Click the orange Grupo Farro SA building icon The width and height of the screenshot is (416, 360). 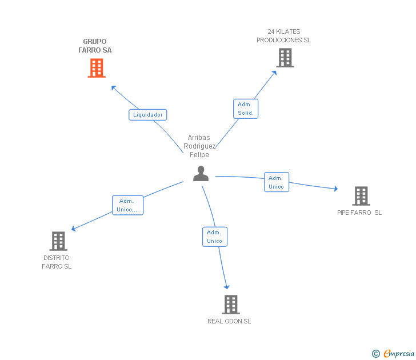click(97, 68)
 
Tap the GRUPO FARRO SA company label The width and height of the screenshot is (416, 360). click(95, 46)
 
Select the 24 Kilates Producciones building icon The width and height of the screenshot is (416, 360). click(285, 58)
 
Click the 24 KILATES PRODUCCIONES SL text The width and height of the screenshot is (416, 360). click(283, 36)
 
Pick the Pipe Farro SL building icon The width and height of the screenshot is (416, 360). click(361, 196)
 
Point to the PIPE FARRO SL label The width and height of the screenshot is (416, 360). click(359, 213)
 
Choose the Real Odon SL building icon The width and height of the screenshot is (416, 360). click(230, 305)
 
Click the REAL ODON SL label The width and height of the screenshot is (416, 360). click(229, 321)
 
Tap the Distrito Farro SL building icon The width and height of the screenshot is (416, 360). click(58, 241)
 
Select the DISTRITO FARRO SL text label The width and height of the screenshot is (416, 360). click(57, 262)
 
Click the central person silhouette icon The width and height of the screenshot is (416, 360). click(201, 173)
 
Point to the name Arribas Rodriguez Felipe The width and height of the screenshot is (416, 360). click(199, 146)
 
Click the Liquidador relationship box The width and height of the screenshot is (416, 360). click(148, 115)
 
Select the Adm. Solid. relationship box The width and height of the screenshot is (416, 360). click(246, 109)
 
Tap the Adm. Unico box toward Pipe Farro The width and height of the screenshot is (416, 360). click(277, 182)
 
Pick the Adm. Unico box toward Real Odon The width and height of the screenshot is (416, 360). click(215, 237)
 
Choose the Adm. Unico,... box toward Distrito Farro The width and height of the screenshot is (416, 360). click(127, 205)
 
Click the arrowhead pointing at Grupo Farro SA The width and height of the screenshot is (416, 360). click(114, 88)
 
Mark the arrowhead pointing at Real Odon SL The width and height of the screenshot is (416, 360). click(227, 286)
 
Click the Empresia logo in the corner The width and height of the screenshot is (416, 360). click(398, 354)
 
